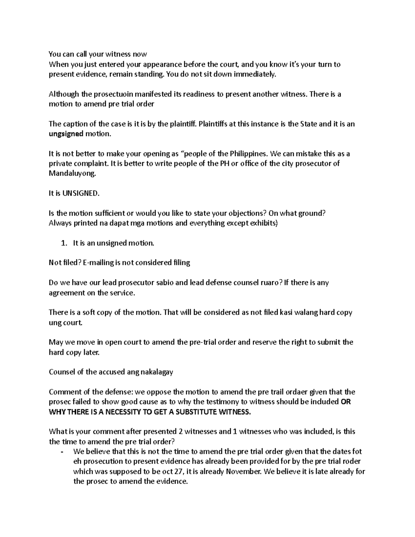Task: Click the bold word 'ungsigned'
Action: (x=66, y=134)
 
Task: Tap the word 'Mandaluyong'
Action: (x=71, y=174)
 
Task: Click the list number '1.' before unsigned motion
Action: (x=64, y=243)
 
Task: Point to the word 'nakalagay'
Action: (x=157, y=372)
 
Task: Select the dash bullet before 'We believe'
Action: (x=62, y=452)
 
